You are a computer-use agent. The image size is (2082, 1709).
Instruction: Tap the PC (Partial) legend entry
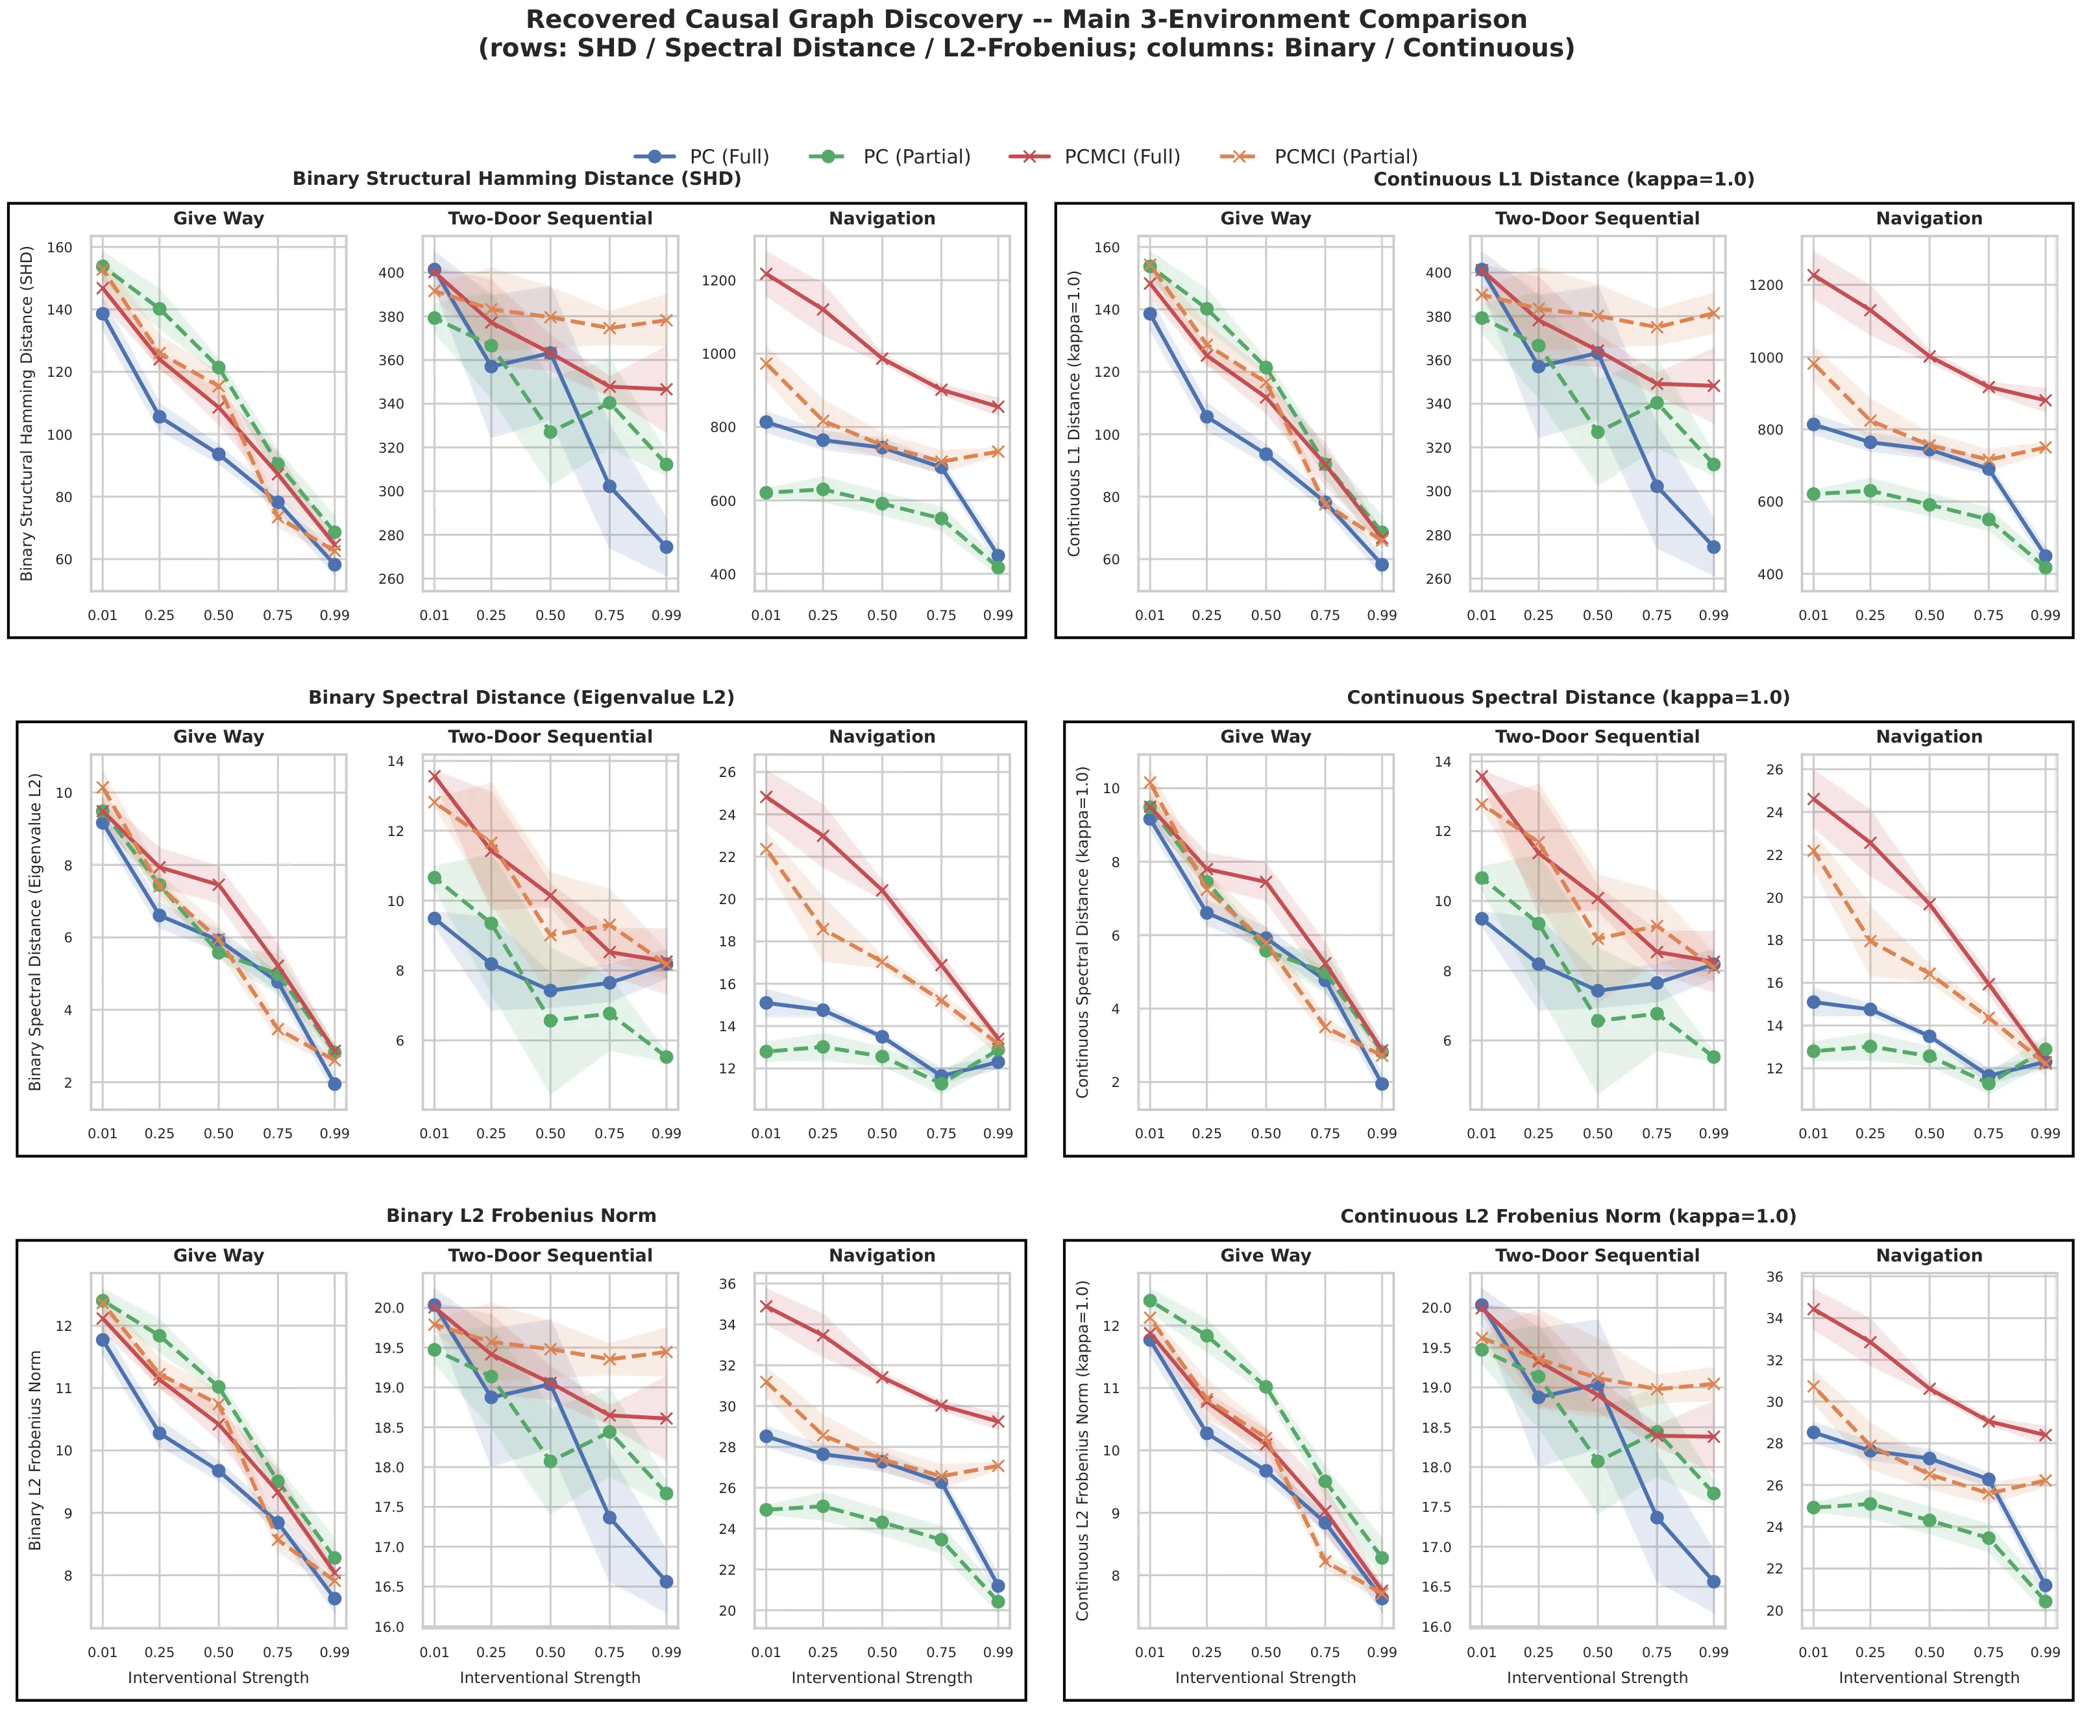pos(889,156)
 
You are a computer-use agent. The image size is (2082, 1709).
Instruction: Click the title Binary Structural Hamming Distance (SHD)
pos(517,178)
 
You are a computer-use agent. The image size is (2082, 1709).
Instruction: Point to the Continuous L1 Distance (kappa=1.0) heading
pos(1564,179)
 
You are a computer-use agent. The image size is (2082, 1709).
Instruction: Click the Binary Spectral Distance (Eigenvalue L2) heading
pos(521,697)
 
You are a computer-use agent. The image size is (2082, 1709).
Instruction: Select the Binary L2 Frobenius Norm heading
pos(521,1216)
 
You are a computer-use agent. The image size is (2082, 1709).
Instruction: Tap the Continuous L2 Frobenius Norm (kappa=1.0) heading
pos(1568,1217)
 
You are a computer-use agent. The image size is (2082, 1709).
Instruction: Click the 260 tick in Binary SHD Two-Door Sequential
pos(391,579)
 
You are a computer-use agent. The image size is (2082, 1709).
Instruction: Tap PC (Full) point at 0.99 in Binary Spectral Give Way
pos(335,1084)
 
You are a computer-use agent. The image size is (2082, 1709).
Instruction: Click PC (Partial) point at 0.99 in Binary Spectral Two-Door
pos(666,1057)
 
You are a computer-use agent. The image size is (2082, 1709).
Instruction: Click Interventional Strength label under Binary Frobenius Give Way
pos(219,1677)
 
